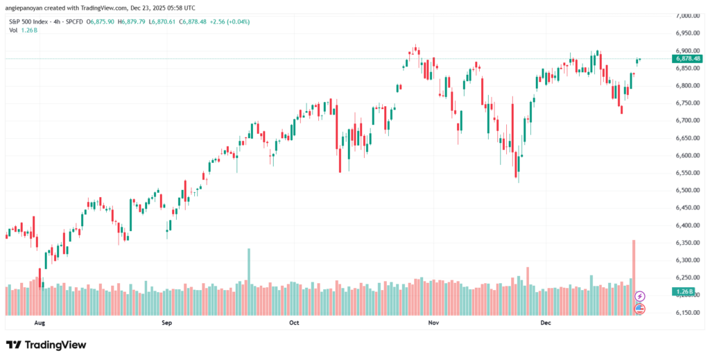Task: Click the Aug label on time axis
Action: (39, 323)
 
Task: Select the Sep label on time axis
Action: (166, 323)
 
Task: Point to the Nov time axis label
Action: (433, 323)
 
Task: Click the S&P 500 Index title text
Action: (28, 22)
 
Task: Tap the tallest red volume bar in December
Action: (634, 277)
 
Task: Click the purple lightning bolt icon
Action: (640, 296)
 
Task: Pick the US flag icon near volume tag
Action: (640, 308)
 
